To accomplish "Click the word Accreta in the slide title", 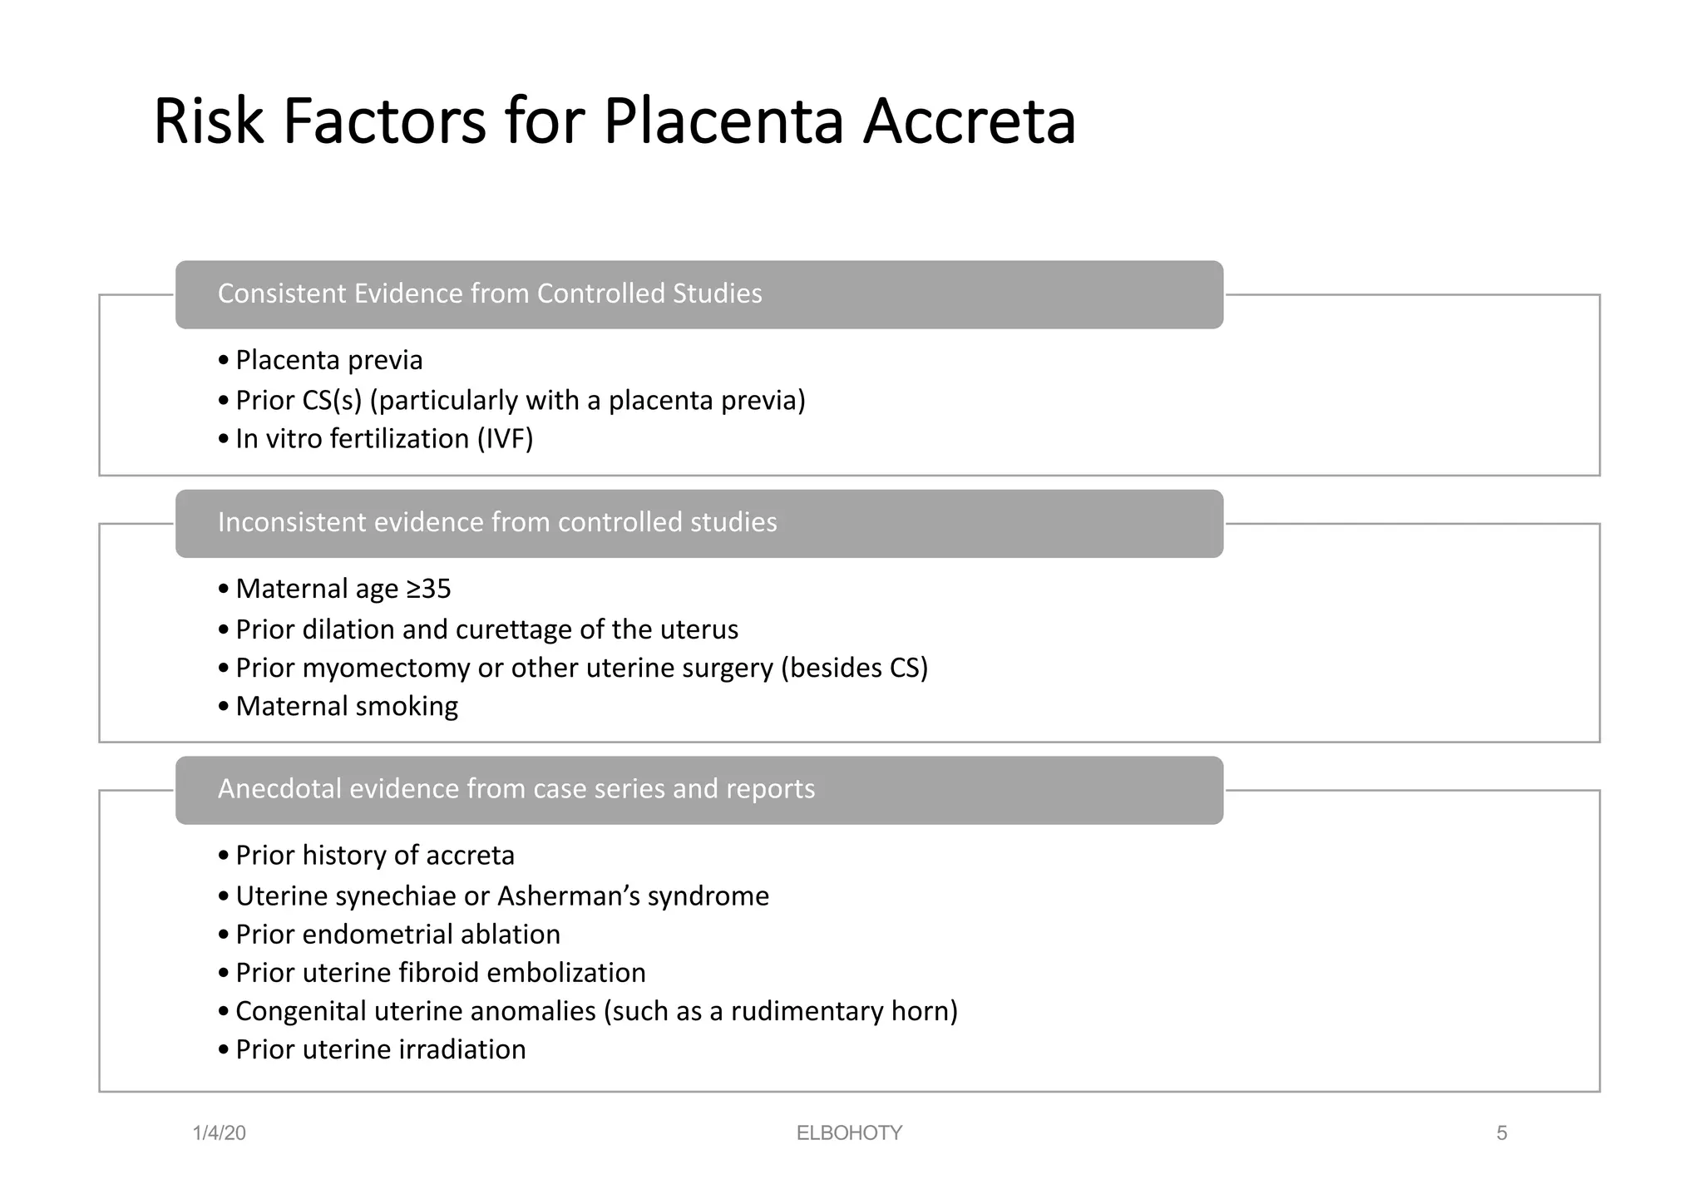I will tap(969, 122).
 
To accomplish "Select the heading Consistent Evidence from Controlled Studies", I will tap(490, 294).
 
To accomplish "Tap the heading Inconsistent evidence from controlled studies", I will tap(497, 522).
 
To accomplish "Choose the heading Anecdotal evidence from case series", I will tap(516, 788).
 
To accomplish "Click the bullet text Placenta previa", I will tap(328, 360).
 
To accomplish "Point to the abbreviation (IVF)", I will tap(505, 438).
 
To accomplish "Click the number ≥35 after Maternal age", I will tap(428, 589).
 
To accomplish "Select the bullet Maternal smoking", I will tap(347, 706).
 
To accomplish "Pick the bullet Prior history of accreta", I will tap(375, 856).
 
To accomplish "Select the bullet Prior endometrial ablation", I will tap(397, 935).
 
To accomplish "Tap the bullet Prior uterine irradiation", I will tap(380, 1049).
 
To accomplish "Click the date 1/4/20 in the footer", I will tap(219, 1133).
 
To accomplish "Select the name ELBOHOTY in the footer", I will tap(849, 1133).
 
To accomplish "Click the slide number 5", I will tap(1501, 1133).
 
